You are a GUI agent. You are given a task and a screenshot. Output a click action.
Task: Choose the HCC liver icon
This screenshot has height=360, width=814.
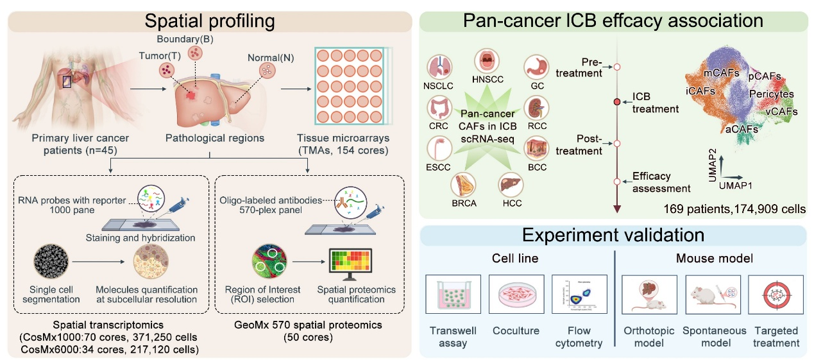click(511, 187)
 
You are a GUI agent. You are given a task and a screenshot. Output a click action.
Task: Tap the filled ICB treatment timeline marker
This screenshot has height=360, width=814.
click(617, 102)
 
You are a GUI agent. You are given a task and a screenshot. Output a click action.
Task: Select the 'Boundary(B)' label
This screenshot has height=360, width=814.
click(195, 38)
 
